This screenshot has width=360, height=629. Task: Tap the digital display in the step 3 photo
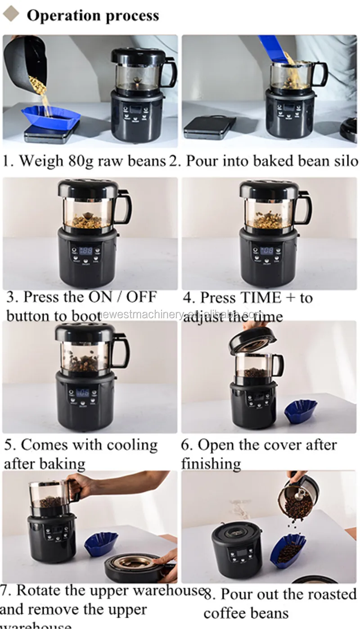click(85, 250)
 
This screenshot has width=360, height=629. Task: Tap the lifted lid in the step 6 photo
click(252, 339)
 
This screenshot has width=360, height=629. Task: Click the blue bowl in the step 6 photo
click(300, 411)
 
